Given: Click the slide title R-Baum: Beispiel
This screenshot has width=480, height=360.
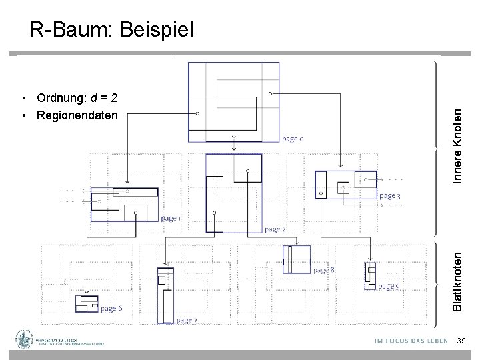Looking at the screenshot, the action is point(111,29).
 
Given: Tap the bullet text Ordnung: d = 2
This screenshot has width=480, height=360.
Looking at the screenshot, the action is point(77,99).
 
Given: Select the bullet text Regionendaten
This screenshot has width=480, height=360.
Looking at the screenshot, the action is point(77,116).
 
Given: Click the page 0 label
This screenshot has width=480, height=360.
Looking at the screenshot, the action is point(293,139).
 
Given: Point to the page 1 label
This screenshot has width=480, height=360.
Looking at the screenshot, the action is point(171,218).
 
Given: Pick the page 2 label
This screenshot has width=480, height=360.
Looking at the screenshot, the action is point(275,229).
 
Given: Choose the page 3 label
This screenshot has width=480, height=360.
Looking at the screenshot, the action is point(389,196).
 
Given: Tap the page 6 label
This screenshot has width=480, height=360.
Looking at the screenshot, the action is point(111,309).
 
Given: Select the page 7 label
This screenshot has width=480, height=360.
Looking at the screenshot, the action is point(186,321).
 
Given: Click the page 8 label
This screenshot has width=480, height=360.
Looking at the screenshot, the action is point(323,270).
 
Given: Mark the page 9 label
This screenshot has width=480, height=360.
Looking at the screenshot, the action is point(389,287).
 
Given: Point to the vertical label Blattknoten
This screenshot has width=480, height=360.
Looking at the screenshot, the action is point(458,279).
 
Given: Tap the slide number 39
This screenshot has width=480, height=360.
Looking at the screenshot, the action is point(461,341).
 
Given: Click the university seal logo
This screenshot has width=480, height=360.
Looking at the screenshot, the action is point(26,340).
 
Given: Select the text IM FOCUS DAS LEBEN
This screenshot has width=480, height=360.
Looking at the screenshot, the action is point(411,341).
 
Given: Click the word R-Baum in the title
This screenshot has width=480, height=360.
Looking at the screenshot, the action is point(65,29).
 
